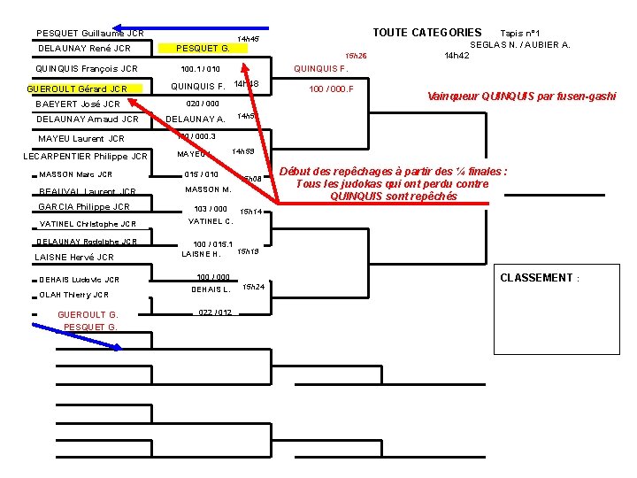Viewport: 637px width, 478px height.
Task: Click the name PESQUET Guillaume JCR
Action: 89,34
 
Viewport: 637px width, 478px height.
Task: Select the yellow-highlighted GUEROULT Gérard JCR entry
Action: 79,89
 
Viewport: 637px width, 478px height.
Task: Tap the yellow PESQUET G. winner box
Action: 203,48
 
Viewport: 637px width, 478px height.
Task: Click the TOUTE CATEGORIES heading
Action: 426,33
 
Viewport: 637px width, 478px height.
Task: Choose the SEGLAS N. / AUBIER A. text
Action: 519,44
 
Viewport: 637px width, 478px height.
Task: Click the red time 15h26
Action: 356,56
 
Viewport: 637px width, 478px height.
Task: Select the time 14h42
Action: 457,56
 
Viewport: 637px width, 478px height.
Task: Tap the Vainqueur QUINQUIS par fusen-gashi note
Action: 521,96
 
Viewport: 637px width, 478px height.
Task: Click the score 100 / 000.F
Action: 331,89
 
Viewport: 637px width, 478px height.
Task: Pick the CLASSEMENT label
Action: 539,278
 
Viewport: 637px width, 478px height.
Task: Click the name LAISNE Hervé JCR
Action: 74,258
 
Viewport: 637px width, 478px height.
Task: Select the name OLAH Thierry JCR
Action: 74,295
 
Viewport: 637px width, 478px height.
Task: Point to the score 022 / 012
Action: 215,312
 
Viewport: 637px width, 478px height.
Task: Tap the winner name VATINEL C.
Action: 211,221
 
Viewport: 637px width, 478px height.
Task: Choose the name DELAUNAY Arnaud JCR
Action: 88,119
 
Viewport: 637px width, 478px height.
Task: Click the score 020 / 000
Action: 203,104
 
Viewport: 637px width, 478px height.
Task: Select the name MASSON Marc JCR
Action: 75,174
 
